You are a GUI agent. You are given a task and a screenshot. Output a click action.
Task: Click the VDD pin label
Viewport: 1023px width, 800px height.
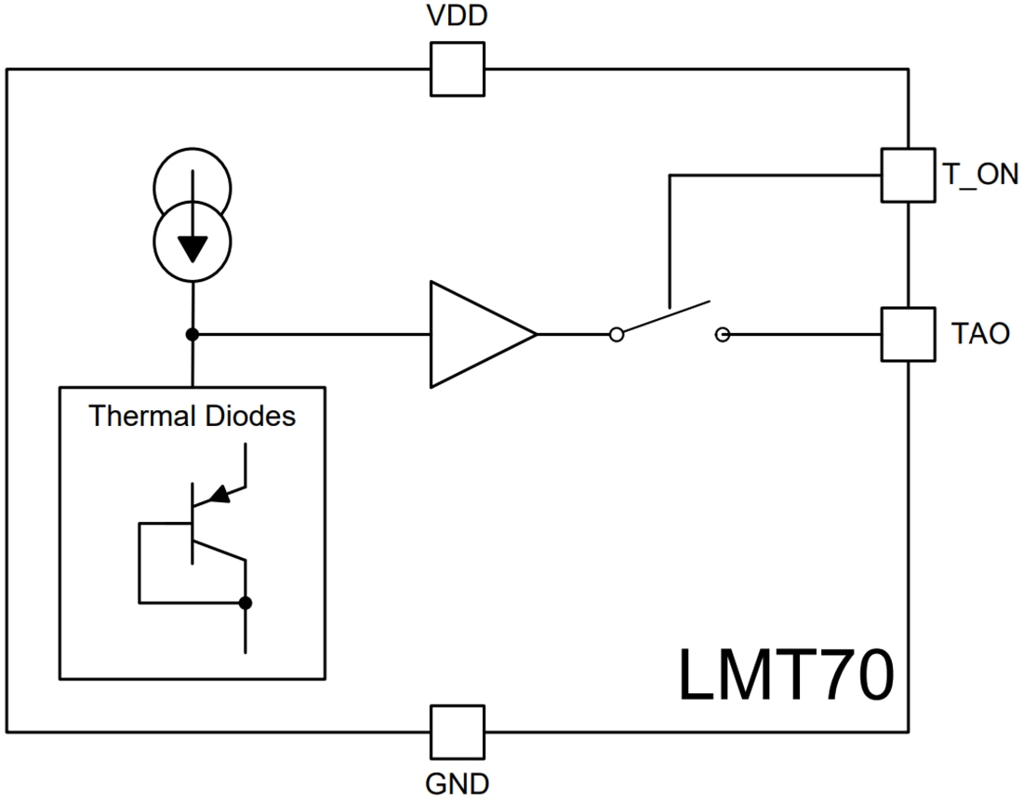coord(457,16)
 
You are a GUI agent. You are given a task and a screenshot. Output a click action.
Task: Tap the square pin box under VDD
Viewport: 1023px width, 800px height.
coord(457,70)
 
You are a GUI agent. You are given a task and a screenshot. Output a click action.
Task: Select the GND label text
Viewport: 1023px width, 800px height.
coord(457,783)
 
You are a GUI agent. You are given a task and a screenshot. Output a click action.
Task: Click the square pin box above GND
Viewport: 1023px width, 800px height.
coord(457,731)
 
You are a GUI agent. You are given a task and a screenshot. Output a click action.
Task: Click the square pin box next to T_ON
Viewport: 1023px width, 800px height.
coord(907,174)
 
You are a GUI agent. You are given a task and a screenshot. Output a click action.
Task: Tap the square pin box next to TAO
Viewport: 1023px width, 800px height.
coord(907,334)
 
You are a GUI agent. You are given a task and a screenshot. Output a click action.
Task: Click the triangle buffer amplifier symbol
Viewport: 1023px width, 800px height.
coord(474,334)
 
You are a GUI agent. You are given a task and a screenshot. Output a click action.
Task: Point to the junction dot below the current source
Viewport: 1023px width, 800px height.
coord(193,334)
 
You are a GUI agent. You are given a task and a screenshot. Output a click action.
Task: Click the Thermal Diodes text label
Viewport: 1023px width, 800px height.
coord(193,416)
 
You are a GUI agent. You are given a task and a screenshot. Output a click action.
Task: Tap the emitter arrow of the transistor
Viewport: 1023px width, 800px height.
coord(219,494)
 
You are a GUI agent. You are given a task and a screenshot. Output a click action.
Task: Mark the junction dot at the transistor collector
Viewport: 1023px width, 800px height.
coord(246,603)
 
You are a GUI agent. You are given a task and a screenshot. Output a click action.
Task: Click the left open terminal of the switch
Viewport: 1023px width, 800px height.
coord(616,335)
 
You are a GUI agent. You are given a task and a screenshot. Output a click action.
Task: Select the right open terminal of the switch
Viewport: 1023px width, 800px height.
coord(724,335)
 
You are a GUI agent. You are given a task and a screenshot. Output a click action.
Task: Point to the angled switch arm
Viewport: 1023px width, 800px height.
coord(665,316)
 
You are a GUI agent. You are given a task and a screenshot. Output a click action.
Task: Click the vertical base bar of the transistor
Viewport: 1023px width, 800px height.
coord(193,523)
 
